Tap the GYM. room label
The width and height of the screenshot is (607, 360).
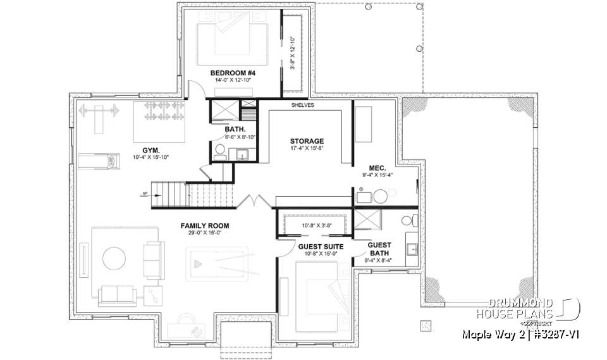coord(150,149)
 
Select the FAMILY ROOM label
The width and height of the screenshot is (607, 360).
coord(204,225)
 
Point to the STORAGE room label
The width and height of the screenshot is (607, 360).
coord(307,141)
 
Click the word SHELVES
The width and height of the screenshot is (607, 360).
coord(303,106)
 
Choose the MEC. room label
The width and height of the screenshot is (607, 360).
coord(378,168)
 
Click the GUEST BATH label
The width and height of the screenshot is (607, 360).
coord(379,249)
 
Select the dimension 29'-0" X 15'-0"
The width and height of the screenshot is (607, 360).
coord(204,233)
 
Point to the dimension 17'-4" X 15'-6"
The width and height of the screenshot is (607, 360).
coord(307,149)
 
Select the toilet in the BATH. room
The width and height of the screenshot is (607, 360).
coord(219,151)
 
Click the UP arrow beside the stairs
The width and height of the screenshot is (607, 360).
coord(145,195)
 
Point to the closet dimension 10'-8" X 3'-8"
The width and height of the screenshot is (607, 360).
coord(315,225)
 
